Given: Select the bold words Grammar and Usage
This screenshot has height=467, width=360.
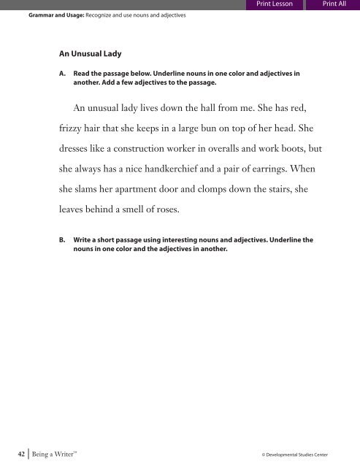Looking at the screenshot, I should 44,14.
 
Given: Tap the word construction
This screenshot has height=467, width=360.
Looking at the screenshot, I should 150,149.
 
